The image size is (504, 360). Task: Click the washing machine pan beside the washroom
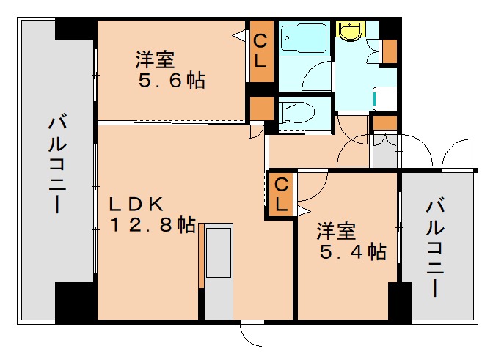coord(384,98)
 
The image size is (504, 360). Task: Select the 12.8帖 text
coord(153,226)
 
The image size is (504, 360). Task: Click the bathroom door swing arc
coord(318,77)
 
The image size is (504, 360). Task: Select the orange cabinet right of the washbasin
coord(389,50)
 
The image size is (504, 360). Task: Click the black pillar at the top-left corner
coord(76,29)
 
